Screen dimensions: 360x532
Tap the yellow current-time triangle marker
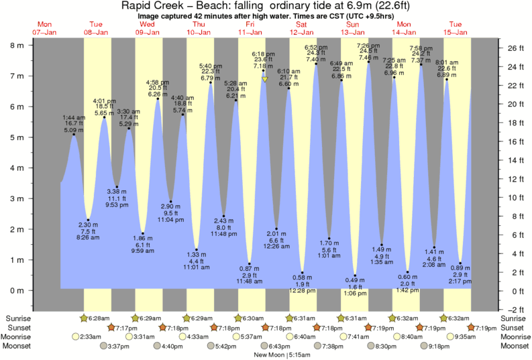click(x=265, y=79)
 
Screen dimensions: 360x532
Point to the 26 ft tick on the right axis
click(x=513, y=48)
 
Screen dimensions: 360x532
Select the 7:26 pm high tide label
click(x=368, y=52)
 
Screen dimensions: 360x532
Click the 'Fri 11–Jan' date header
click(x=250, y=27)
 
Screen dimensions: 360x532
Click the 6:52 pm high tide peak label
click(x=316, y=53)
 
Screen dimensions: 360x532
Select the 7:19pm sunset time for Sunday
click(x=382, y=327)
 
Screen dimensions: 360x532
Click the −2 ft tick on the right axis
click(x=513, y=309)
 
